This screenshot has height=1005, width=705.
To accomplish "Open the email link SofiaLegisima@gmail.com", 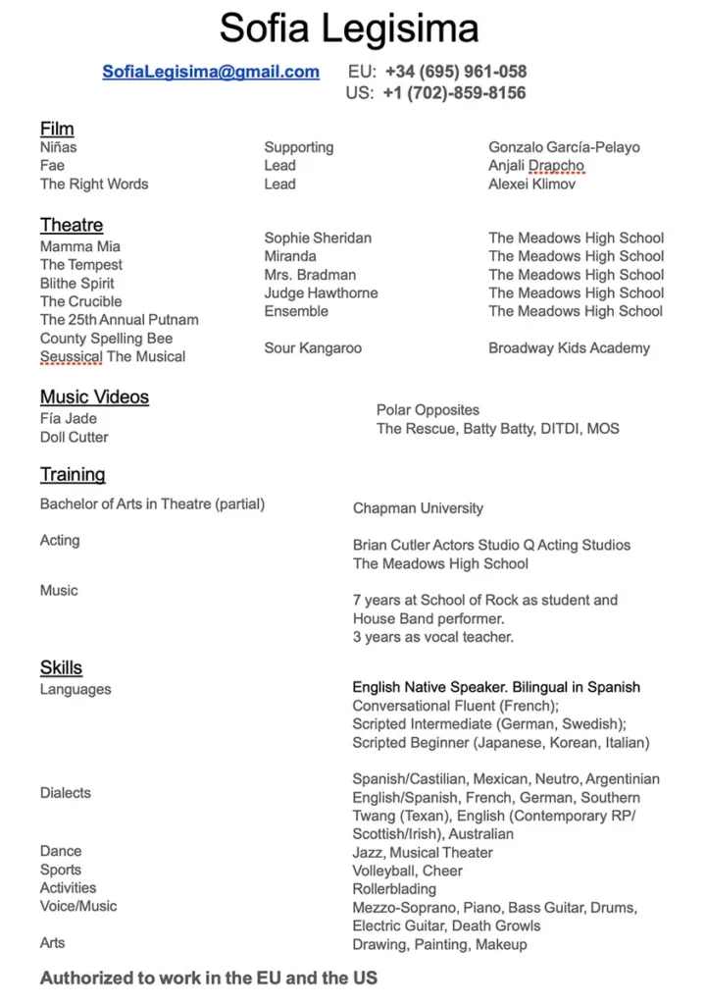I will coord(211,72).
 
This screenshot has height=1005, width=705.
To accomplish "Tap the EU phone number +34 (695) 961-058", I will coord(456,72).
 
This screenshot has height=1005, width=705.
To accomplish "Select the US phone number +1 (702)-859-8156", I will coord(455,93).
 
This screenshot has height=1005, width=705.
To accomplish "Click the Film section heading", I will coord(57,129).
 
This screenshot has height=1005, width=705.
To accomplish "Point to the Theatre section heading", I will coord(72,225).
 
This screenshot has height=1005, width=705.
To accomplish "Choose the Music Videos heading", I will coord(94,397).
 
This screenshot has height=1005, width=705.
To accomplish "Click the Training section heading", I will coord(73,475).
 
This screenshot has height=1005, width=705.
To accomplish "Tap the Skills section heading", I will coord(61,668).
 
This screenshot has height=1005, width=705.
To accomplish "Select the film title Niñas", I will coord(58,147).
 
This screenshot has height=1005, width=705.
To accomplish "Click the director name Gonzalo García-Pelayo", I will coord(564,147).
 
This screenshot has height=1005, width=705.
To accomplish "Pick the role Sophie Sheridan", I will coord(318,238).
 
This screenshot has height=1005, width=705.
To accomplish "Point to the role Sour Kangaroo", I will coord(313,347).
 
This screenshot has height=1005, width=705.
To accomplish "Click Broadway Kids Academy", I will coord(569,347).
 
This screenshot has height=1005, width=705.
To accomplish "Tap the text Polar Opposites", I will coord(428,410).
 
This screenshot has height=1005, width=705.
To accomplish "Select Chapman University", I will coord(418,508).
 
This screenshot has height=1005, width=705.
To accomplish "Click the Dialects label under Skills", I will coord(66,793).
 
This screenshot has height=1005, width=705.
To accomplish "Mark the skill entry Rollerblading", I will coord(394,889).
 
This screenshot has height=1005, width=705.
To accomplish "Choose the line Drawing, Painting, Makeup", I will coord(439,944).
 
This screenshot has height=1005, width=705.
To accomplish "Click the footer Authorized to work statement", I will coord(209,979).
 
